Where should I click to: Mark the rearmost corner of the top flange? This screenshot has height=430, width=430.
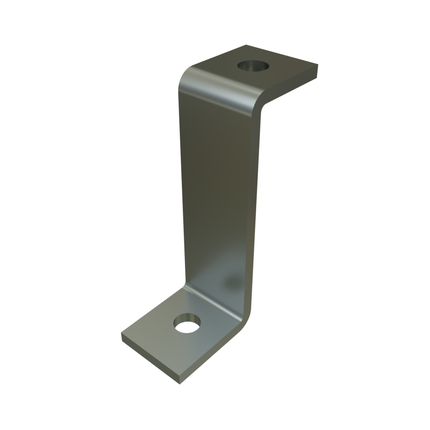pyautogui.click(x=247, y=45)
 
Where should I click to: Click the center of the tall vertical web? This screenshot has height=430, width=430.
pyautogui.click(x=219, y=188)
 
